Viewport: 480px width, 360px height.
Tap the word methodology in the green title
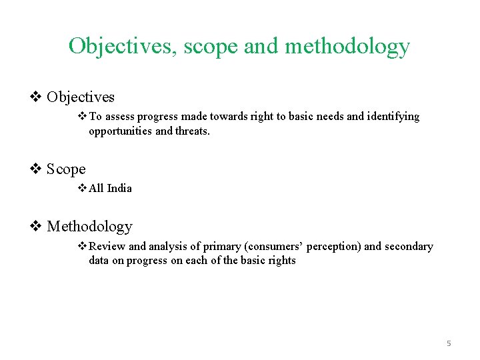point(347,47)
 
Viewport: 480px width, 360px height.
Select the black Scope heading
point(66,169)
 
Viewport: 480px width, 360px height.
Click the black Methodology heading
point(89,227)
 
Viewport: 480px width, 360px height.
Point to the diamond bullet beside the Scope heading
point(37,169)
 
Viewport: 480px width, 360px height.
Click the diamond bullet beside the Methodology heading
point(37,227)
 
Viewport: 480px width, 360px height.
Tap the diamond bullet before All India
point(83,188)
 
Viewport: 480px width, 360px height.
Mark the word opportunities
point(121,131)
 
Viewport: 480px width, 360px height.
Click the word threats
point(193,131)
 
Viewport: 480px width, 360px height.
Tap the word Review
point(107,247)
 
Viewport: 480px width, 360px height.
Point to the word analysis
point(169,247)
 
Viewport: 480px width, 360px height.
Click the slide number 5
point(449,343)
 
